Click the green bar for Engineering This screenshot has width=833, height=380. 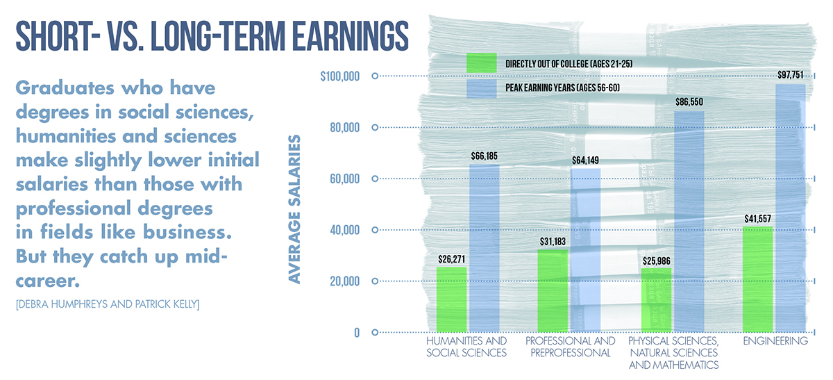point(757,279)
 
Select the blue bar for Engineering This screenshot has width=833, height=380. point(791,208)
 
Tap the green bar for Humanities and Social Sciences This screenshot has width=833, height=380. point(451,299)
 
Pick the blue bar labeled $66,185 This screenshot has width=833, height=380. point(485,248)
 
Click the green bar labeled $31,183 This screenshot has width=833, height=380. point(553,290)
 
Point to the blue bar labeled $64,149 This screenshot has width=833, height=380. point(585,250)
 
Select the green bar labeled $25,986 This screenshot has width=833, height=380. point(657,300)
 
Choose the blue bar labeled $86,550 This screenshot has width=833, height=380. point(689,222)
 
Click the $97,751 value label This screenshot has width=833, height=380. point(791,75)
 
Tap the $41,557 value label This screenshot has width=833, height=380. point(758,219)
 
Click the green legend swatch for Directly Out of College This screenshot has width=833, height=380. point(482,63)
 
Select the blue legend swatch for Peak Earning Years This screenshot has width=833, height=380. point(482,89)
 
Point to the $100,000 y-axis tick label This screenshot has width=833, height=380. point(340,76)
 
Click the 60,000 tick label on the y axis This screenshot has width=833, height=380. point(345,179)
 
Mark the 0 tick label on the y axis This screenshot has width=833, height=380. point(357,333)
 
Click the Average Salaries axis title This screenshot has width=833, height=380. point(294,209)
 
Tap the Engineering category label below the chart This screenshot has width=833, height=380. point(775,341)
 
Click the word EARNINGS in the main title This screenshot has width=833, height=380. point(350,36)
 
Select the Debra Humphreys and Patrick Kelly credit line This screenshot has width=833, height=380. point(108,304)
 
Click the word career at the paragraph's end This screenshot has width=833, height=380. point(48,281)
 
